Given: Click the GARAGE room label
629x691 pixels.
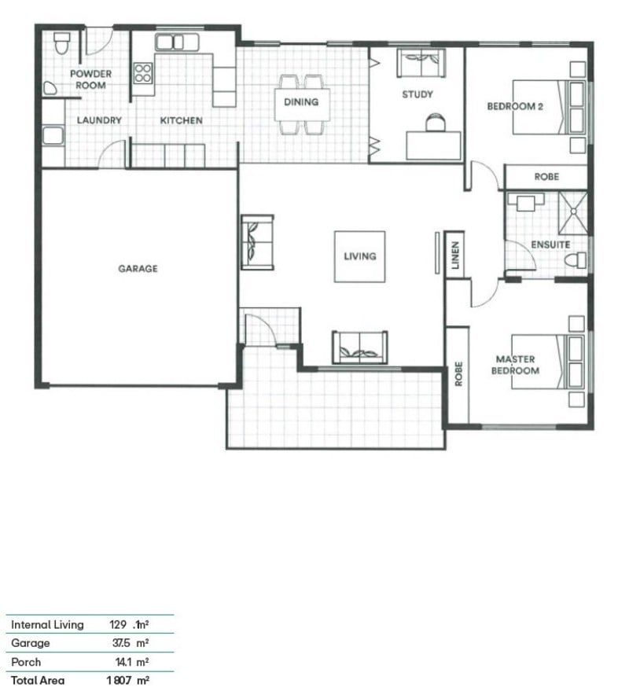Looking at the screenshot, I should click(138, 269).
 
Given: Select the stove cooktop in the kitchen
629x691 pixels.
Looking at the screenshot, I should click(143, 73).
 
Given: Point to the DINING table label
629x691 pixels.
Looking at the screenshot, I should click(301, 102).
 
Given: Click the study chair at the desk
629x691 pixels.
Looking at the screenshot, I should click(434, 122).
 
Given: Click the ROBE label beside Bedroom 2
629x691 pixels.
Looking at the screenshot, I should click(546, 177).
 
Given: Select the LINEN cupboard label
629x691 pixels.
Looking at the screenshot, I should click(455, 254).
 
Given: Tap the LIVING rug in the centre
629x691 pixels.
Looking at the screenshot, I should click(359, 256).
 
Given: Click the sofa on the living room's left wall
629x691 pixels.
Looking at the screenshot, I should click(256, 242).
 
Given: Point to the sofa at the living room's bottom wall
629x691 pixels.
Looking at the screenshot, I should click(359, 347).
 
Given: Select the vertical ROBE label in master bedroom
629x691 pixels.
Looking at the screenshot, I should click(458, 373).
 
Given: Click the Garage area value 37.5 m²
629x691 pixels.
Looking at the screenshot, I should click(130, 643).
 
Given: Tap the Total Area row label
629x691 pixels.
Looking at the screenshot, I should click(38, 681).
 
